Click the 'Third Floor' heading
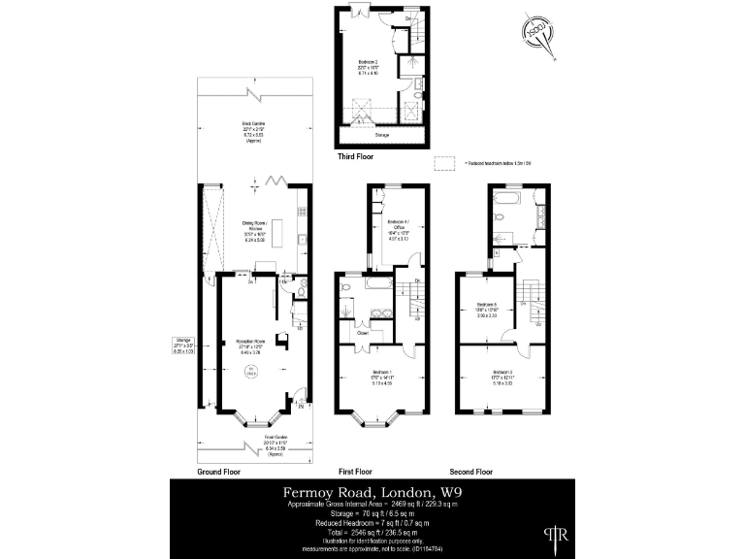(356, 155)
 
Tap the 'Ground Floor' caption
(219, 472)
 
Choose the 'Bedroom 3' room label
(502, 373)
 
